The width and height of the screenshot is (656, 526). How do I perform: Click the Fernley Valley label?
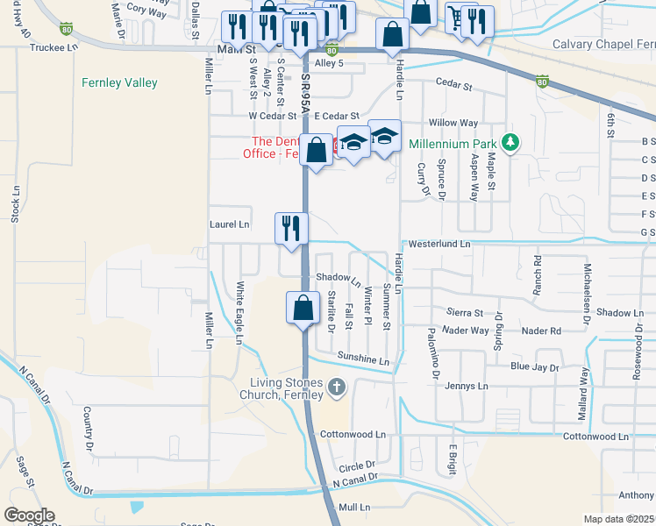[119, 83]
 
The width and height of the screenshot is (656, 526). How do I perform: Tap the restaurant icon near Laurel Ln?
[290, 228]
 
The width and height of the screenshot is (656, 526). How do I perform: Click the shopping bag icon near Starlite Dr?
[303, 308]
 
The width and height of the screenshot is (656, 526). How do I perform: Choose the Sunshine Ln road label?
[363, 359]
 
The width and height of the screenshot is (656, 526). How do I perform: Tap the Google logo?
[29, 515]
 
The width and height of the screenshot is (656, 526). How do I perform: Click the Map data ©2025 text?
[619, 519]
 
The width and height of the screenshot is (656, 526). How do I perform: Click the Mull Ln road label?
[355, 507]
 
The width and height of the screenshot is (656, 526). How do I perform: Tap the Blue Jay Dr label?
[534, 366]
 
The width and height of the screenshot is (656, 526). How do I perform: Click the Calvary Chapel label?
[603, 44]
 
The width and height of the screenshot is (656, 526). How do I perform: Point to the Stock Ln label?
[15, 203]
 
